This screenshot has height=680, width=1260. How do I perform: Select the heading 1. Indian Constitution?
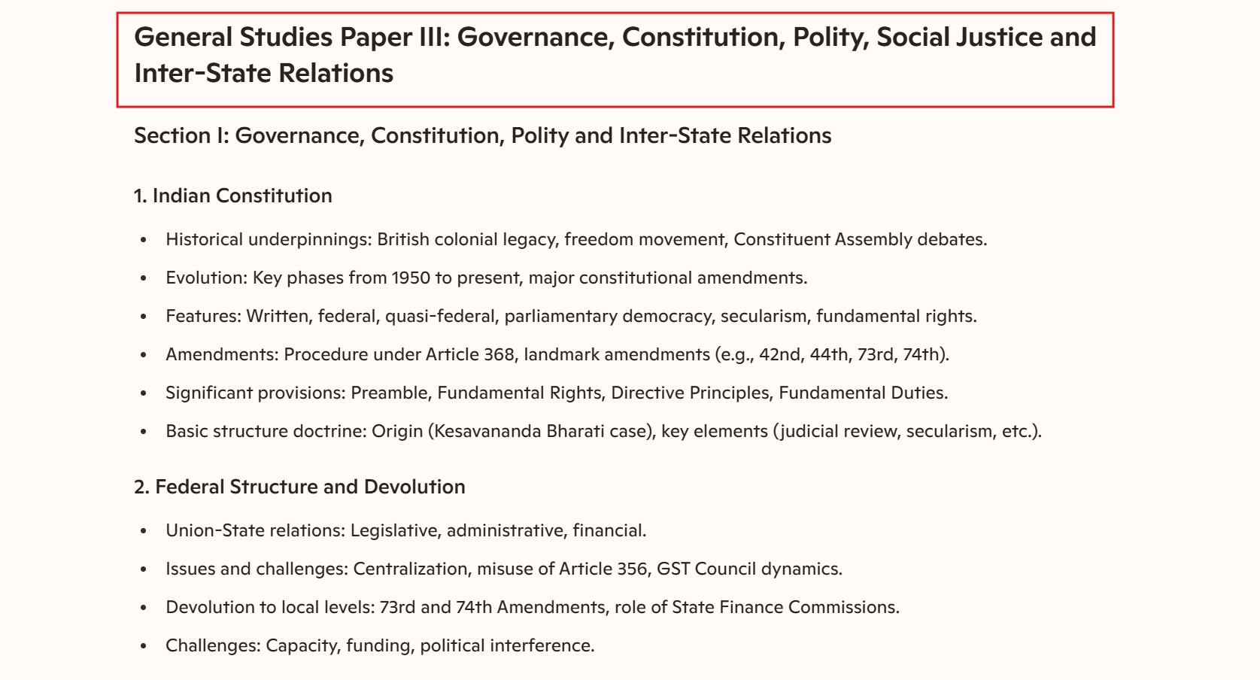pos(232,196)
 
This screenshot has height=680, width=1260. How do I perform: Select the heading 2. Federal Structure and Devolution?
pos(299,487)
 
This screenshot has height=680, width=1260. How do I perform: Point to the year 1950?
pos(411,278)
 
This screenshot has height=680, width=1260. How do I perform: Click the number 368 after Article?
pos(499,354)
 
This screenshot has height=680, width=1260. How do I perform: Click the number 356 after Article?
pos(632,569)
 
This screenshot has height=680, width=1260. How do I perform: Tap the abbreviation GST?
pos(673,569)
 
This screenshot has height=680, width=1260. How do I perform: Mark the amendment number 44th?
pos(828,354)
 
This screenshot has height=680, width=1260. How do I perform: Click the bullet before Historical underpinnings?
pos(143,240)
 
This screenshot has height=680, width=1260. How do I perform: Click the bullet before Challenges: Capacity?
pos(143,646)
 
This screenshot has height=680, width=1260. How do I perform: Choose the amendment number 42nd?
pos(780,354)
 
